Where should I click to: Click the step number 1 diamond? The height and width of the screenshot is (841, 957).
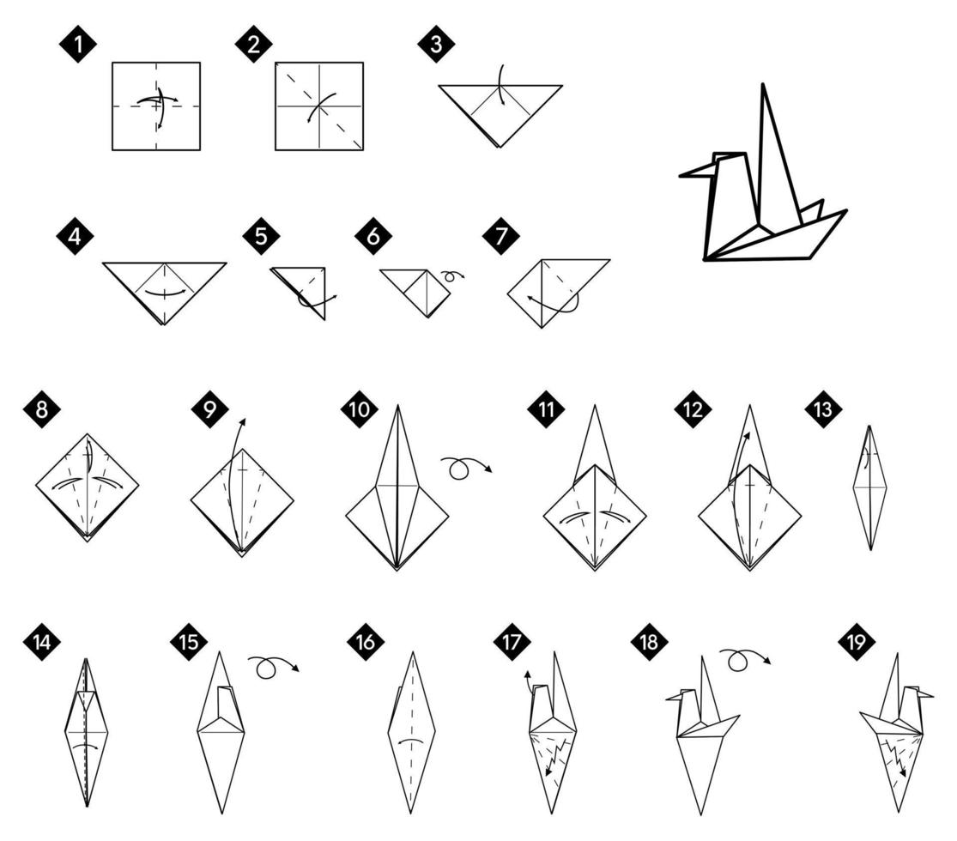pyautogui.click(x=78, y=45)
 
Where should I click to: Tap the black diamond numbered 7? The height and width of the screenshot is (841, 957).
pyautogui.click(x=501, y=237)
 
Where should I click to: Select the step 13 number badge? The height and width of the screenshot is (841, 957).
pyautogui.click(x=823, y=409)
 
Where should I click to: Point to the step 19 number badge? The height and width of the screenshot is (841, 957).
pyautogui.click(x=857, y=642)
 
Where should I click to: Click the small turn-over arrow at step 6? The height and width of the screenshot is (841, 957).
pyautogui.click(x=452, y=276)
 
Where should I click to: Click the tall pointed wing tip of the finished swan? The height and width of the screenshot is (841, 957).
pyautogui.click(x=763, y=87)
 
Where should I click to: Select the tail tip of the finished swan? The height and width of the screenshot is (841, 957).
pyautogui.click(x=845, y=211)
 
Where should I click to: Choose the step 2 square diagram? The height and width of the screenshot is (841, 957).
pyautogui.click(x=319, y=106)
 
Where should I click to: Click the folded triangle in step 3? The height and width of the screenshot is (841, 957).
pyautogui.click(x=500, y=112)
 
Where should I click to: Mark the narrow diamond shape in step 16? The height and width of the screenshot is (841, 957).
pyautogui.click(x=411, y=732)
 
